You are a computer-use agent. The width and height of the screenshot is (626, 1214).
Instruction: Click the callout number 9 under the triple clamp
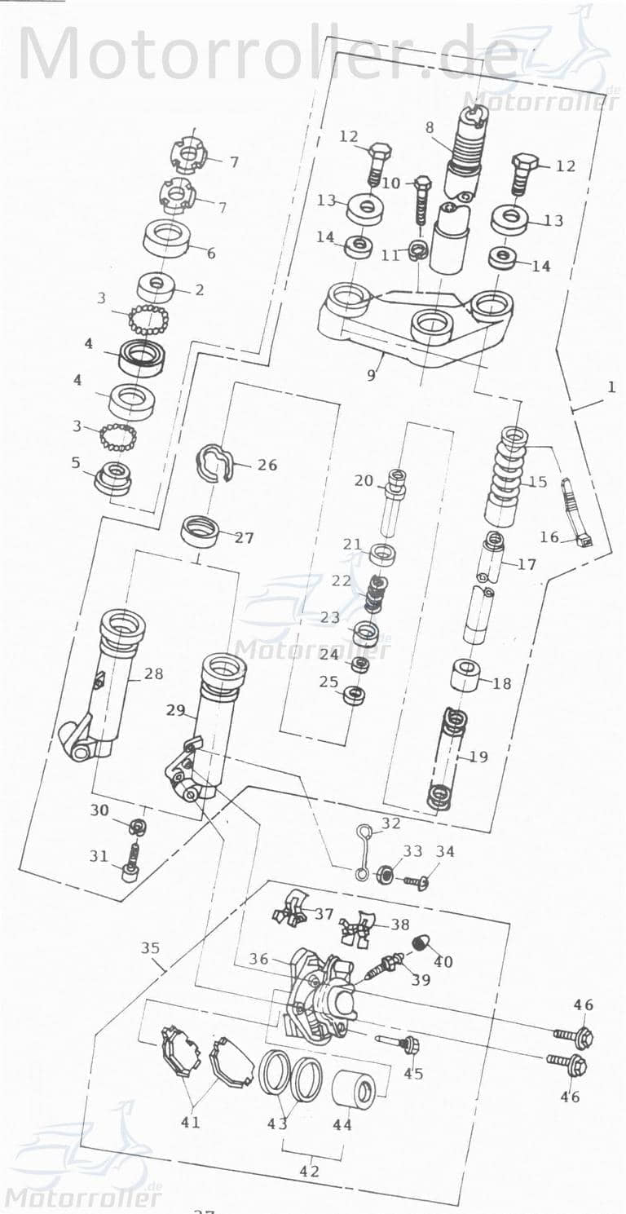[x=371, y=376]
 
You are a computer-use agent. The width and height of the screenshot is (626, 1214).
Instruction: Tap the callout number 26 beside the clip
[x=267, y=466]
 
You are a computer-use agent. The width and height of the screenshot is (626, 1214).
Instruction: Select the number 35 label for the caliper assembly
[x=150, y=948]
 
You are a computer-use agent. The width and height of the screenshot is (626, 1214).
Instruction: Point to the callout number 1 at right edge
[x=611, y=388]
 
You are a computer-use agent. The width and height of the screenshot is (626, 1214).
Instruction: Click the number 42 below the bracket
[x=309, y=1172]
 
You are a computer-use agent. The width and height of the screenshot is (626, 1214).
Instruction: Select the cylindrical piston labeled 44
[x=354, y=1090]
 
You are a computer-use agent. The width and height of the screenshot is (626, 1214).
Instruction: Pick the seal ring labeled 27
[x=200, y=531]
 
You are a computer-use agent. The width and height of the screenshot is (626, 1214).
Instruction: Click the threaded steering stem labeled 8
[x=465, y=151]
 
